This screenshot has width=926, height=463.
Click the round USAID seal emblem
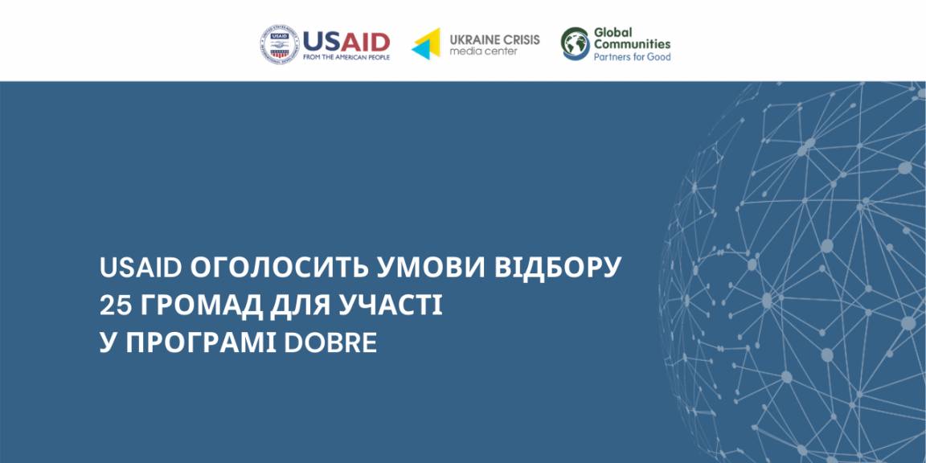tap(280, 44)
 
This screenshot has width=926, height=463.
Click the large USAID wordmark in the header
tap(346, 42)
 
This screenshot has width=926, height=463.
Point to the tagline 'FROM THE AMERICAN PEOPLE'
tap(346, 57)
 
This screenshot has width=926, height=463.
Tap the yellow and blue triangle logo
tap(426, 43)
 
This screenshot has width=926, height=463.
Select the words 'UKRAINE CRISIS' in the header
tap(494, 39)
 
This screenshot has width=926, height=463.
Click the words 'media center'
tap(483, 51)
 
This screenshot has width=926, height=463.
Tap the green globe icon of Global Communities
tap(576, 43)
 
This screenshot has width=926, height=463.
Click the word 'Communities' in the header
tap(632, 44)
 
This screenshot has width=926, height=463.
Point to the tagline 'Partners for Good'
tap(632, 57)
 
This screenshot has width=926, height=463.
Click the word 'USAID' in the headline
tap(141, 268)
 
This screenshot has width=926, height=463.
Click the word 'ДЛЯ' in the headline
tap(299, 305)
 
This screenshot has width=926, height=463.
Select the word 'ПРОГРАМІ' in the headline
tap(201, 343)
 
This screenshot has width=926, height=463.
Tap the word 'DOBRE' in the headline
tap(330, 343)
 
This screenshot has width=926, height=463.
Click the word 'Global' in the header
tap(613, 32)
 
